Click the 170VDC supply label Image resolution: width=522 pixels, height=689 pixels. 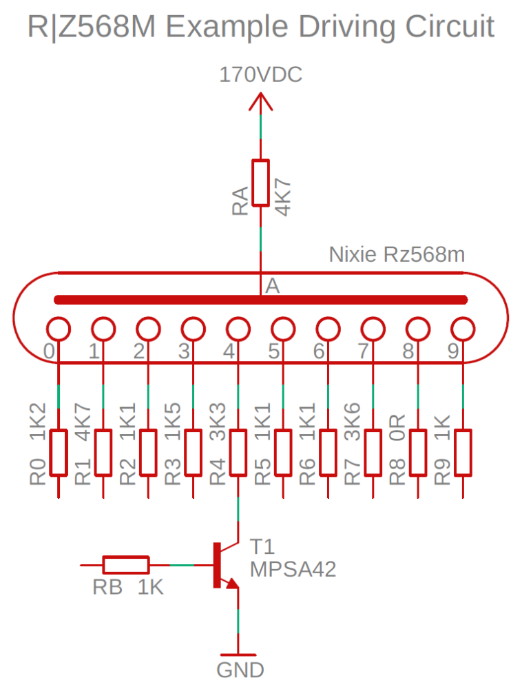(x=260, y=74)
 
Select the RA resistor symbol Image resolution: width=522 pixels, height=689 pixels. (x=260, y=183)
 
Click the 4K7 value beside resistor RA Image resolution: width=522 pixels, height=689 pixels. (x=282, y=198)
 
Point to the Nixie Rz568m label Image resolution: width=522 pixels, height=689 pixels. (x=397, y=254)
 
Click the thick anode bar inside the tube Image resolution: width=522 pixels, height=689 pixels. (x=260, y=300)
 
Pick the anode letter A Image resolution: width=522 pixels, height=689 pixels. (x=273, y=286)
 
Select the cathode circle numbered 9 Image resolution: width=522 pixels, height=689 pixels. (x=462, y=328)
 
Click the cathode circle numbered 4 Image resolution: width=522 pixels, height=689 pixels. (x=238, y=328)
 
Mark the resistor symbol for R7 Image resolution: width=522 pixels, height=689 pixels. (x=373, y=453)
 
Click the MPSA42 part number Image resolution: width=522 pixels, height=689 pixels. (x=293, y=569)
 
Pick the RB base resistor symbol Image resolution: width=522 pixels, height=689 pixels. (x=125, y=565)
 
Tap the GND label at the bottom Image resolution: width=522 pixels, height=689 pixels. (x=240, y=670)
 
